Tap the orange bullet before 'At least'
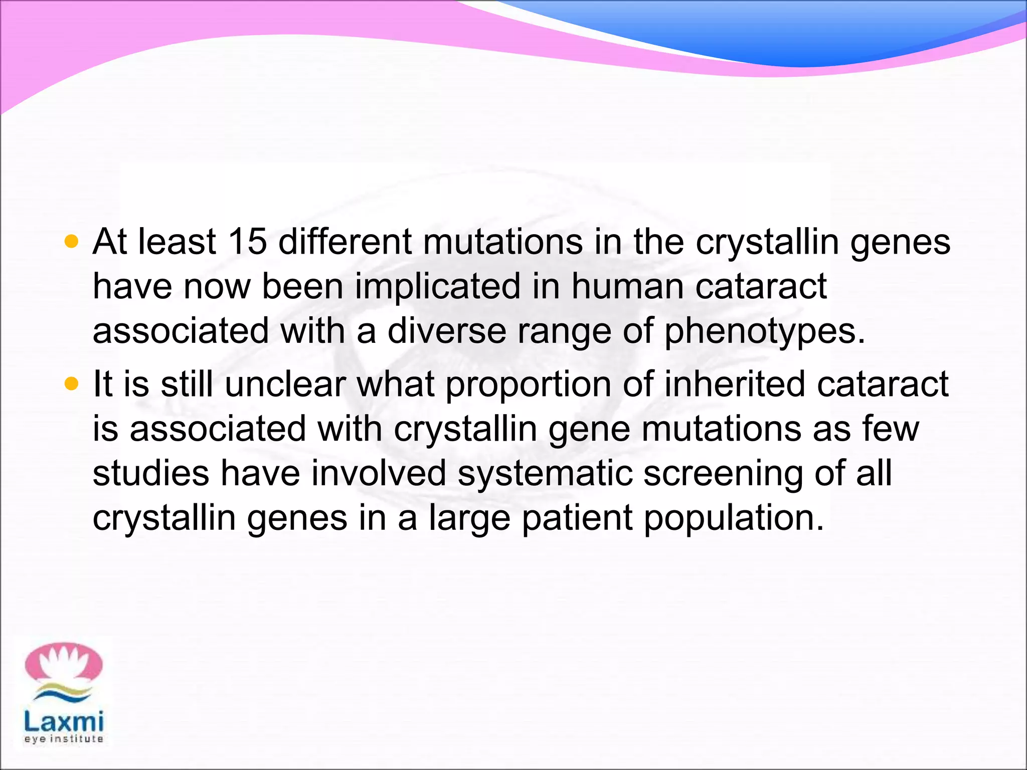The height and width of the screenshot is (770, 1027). click(72, 242)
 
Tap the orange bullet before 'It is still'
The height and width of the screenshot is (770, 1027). click(72, 384)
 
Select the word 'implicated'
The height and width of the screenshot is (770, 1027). click(438, 287)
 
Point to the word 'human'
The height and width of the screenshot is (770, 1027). click(627, 287)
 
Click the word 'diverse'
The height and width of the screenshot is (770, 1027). click(446, 331)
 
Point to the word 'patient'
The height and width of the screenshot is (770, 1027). click(577, 518)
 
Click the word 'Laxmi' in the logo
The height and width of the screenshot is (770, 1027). click(64, 722)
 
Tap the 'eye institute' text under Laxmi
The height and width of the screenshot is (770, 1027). click(64, 739)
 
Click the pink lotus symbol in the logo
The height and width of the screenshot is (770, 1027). click(64, 664)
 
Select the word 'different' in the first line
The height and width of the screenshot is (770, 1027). click(345, 242)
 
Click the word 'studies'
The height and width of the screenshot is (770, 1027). click(151, 474)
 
